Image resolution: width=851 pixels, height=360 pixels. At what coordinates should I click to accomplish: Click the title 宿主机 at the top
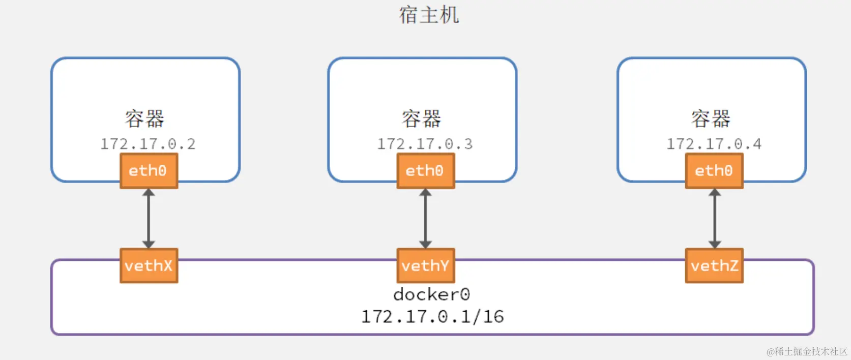(x=429, y=15)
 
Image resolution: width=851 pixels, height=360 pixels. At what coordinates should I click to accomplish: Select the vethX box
(x=149, y=265)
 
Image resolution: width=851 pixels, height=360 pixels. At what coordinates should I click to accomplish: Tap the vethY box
(x=425, y=265)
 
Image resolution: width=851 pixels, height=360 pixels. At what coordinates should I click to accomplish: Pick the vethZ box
(x=714, y=265)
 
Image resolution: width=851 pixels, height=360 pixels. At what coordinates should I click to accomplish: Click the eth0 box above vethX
(x=149, y=171)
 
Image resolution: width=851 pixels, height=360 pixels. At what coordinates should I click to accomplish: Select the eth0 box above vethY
(x=425, y=171)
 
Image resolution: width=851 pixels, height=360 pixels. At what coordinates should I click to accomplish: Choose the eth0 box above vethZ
(x=714, y=171)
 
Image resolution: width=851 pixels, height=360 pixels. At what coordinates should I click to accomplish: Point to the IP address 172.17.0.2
(x=148, y=144)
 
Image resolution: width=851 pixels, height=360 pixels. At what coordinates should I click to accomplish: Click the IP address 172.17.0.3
(x=425, y=144)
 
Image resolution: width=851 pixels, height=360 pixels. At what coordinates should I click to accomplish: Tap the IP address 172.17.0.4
(x=714, y=144)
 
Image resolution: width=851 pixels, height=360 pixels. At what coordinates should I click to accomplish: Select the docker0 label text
(x=431, y=294)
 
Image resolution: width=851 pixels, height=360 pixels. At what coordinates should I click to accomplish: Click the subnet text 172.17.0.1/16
(x=432, y=317)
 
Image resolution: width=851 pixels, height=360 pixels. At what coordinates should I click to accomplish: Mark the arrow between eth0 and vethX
(x=149, y=219)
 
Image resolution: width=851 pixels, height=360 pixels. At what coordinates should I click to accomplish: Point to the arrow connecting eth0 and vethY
(x=425, y=219)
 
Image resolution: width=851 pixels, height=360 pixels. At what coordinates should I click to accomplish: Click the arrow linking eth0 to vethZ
(x=714, y=219)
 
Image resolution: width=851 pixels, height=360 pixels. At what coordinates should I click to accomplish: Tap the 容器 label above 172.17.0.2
(x=145, y=118)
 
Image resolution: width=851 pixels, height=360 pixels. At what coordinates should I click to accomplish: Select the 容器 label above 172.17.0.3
(x=422, y=118)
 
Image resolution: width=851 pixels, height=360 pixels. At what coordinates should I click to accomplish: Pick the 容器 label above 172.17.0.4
(x=711, y=118)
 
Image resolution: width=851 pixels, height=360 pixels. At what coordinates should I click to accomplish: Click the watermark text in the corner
(x=807, y=351)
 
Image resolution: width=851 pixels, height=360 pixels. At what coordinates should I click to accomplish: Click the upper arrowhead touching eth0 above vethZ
(x=714, y=193)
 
